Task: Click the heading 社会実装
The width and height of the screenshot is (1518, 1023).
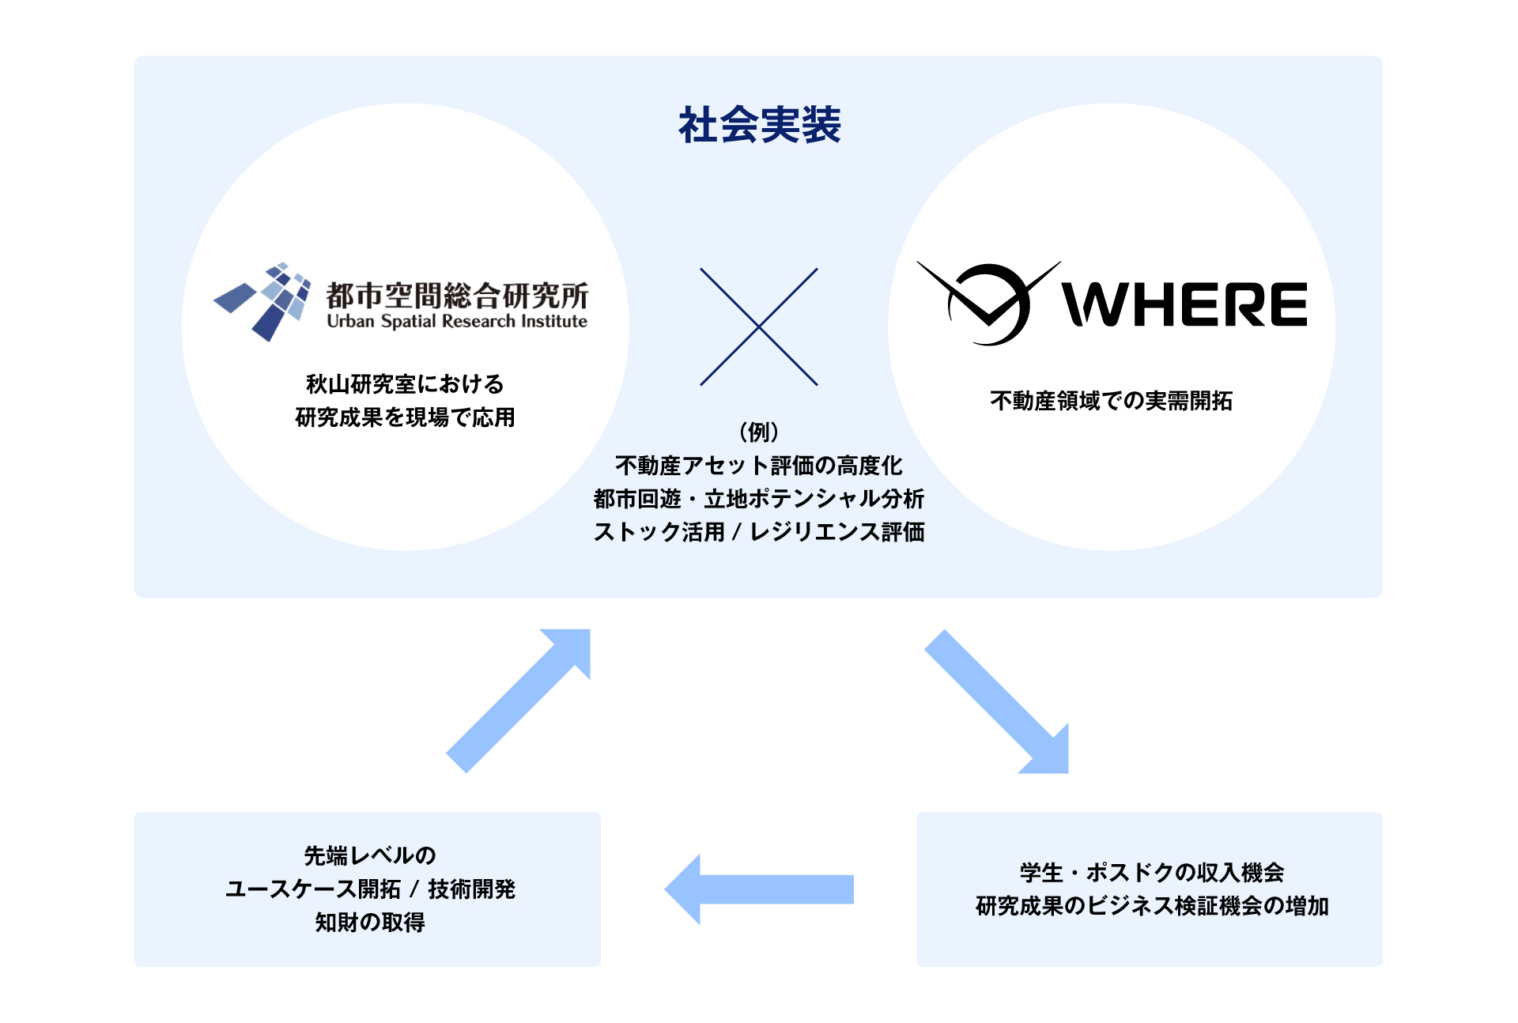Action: tap(759, 125)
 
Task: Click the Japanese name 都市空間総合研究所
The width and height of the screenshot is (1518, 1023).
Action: tap(457, 295)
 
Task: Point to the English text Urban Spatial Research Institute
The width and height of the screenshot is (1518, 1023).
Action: tap(457, 322)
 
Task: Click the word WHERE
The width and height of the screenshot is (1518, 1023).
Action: tap(1184, 304)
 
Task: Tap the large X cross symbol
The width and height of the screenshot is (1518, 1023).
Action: tap(759, 327)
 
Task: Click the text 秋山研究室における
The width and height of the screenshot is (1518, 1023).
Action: tap(405, 384)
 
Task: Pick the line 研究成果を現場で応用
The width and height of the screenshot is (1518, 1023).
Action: tap(405, 417)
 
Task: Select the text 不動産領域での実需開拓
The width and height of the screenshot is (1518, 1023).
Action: tap(1111, 401)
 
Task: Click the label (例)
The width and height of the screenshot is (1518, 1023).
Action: tap(759, 432)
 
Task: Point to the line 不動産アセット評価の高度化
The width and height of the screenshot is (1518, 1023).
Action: tap(759, 466)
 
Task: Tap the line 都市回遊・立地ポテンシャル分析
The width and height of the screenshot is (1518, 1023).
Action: tap(759, 499)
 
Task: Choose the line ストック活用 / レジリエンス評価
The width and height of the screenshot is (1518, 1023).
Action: tap(759, 532)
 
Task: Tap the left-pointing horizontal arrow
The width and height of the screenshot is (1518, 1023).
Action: tap(759, 889)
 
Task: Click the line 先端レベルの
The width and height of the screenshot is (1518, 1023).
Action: tap(369, 855)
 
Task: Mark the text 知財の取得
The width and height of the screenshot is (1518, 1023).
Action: tap(369, 922)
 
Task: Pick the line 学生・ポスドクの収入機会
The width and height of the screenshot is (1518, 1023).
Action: tap(1151, 873)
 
